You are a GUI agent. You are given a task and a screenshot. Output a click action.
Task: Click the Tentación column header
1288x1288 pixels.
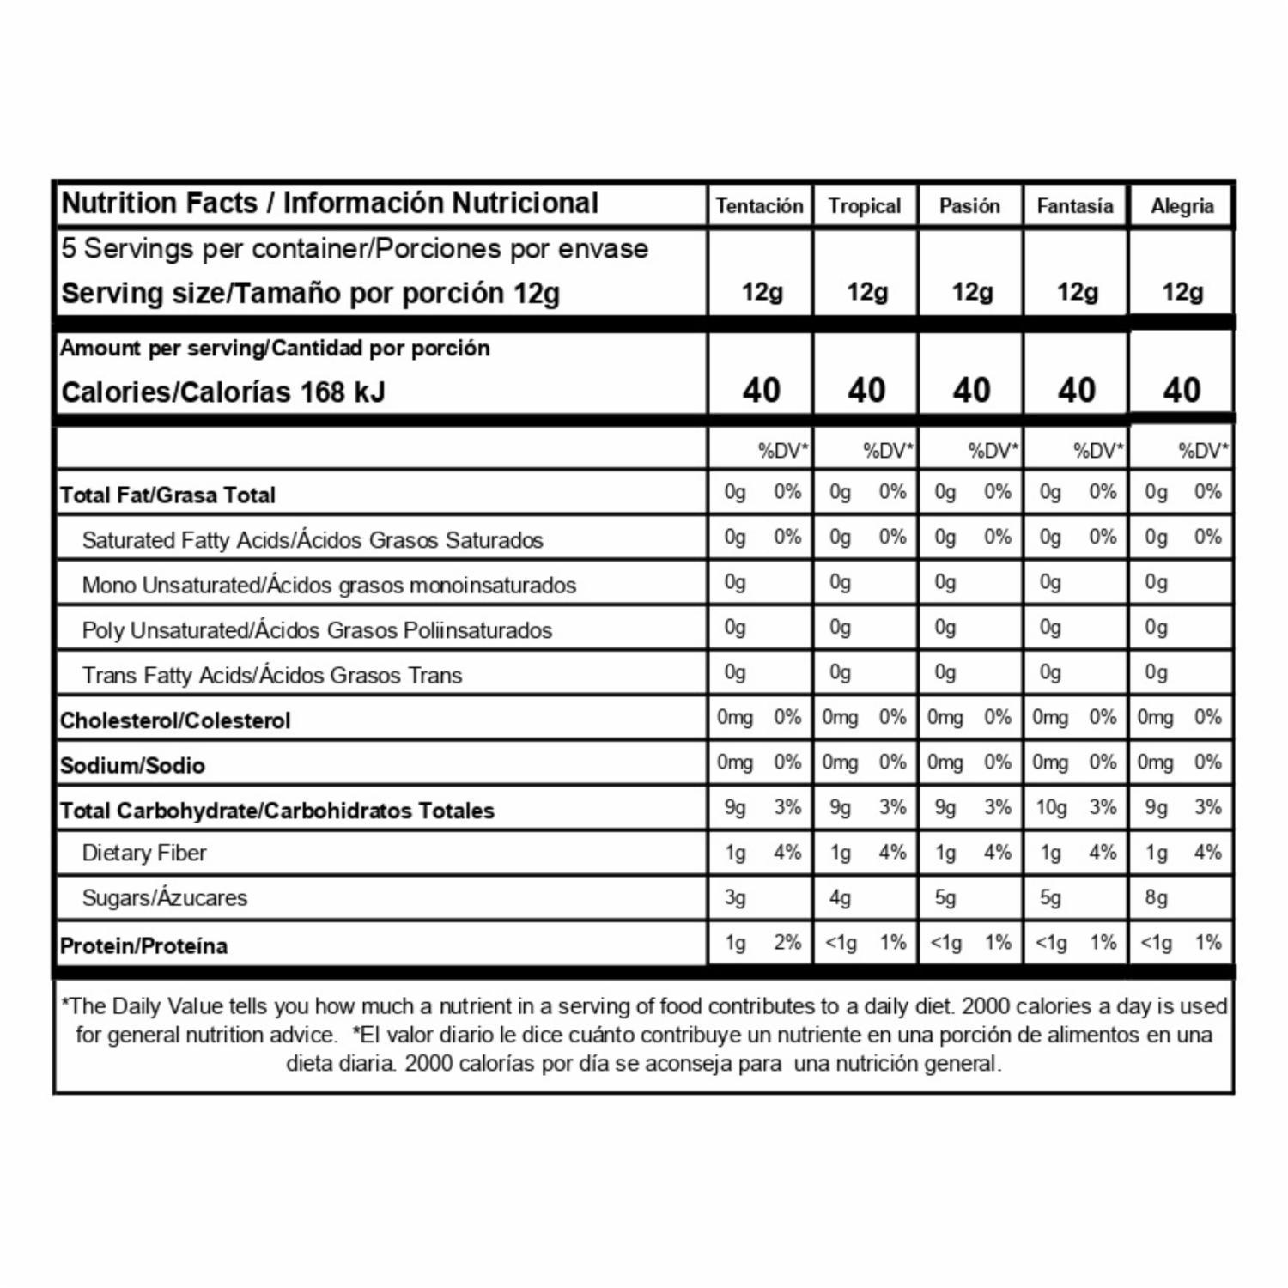pos(759,206)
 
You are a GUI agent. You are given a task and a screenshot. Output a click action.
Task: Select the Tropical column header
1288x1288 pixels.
pos(865,206)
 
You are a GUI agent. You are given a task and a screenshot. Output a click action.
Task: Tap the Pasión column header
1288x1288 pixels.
pos(969,206)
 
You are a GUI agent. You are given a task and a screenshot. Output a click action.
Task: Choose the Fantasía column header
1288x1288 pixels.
pos(1075,206)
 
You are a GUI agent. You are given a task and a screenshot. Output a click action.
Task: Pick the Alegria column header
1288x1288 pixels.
pos(1182,206)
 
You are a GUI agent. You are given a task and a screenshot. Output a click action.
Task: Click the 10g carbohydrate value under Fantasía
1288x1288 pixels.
pos(1051,808)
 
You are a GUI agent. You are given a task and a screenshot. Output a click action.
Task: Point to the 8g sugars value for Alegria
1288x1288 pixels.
pos(1156,898)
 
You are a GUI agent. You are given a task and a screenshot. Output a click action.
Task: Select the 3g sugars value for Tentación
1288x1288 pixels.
pos(735,898)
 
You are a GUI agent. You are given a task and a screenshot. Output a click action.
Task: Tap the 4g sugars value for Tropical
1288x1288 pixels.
pos(840,898)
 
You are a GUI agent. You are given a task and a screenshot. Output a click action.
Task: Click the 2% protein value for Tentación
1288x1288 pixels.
pos(787,943)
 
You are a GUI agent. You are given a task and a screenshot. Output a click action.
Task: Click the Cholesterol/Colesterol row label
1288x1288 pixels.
pos(175,720)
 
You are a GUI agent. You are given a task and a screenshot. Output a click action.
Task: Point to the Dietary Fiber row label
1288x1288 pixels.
pos(144,853)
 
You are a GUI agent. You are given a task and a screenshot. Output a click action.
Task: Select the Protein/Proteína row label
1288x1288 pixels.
pos(143,946)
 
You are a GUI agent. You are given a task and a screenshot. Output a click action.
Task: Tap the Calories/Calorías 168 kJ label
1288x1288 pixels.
pos(223,392)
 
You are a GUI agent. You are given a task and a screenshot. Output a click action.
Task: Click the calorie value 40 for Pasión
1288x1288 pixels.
pos(971,391)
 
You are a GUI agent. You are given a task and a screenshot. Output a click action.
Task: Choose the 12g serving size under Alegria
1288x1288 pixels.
pos(1182,292)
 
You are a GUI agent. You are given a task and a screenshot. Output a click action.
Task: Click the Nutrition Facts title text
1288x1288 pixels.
pos(330,204)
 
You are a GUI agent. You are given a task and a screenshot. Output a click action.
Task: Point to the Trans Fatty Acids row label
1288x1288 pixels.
pos(271,676)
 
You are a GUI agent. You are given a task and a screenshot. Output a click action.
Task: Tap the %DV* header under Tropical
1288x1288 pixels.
pos(888,451)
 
